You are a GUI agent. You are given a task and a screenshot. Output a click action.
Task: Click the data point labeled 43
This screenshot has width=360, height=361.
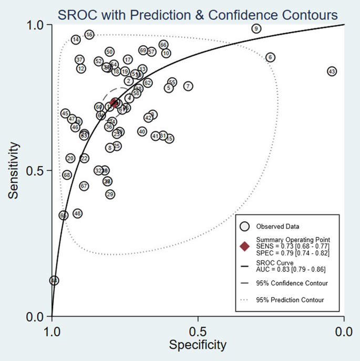(x=332, y=71)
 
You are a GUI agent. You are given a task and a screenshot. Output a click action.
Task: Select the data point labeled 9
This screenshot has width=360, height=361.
(x=256, y=28)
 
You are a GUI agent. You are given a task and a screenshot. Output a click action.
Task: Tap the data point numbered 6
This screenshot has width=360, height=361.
(x=270, y=57)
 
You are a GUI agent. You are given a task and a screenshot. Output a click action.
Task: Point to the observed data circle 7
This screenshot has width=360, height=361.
(x=188, y=86)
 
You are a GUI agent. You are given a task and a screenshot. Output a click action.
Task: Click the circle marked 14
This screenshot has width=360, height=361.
(x=76, y=39)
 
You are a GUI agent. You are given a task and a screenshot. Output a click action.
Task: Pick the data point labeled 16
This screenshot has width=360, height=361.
(x=89, y=35)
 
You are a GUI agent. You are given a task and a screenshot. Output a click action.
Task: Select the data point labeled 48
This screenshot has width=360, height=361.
(x=77, y=213)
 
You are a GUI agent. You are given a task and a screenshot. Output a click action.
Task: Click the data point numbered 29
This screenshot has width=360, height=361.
(x=110, y=194)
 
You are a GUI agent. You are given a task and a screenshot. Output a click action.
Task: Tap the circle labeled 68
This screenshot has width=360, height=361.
(x=67, y=175)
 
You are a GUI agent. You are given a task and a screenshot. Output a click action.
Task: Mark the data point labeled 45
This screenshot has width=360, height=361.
(x=65, y=114)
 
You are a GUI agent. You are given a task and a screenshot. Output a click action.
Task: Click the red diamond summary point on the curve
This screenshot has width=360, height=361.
(x=115, y=103)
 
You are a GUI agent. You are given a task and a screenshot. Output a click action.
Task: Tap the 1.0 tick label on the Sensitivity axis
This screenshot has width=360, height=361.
(x=36, y=25)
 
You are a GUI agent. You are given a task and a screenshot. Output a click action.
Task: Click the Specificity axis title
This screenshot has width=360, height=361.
(x=198, y=345)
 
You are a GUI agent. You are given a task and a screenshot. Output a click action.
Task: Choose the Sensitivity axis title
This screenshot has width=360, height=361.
(x=15, y=171)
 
